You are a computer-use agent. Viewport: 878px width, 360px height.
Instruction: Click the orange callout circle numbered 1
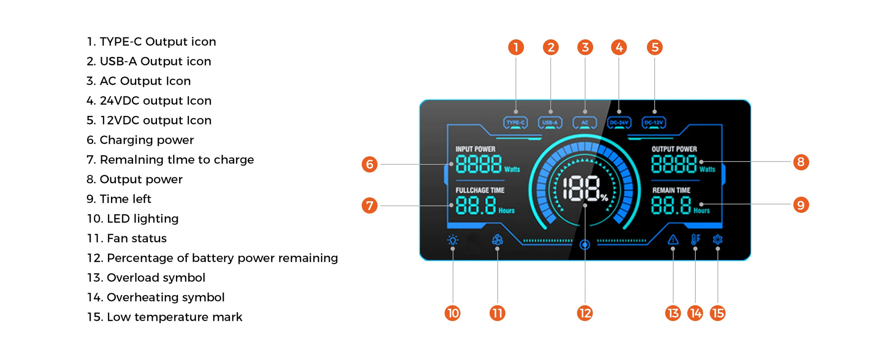(x=516, y=47)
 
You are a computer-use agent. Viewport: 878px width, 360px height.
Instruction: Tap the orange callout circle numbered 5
(x=655, y=47)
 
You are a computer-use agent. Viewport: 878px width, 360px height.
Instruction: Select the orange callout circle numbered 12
(x=585, y=313)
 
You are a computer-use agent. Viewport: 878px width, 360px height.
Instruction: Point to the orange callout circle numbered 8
(x=801, y=162)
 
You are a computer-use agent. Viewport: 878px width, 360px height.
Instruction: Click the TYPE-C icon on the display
(x=515, y=123)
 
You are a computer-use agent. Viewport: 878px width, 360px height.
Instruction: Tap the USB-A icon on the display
(x=550, y=123)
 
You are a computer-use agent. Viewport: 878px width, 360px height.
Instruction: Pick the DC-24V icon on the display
(x=619, y=123)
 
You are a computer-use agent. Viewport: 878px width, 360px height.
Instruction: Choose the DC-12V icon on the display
(x=654, y=123)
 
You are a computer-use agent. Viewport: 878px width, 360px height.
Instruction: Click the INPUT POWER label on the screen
(x=475, y=149)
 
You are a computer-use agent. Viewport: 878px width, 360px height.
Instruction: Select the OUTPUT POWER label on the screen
(x=674, y=149)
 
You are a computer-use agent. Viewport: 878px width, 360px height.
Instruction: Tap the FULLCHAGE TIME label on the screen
(x=480, y=190)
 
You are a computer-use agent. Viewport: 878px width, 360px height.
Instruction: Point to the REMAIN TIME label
(x=671, y=190)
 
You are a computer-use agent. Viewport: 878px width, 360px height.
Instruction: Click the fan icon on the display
(x=497, y=240)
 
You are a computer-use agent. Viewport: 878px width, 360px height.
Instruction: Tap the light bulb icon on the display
(x=453, y=240)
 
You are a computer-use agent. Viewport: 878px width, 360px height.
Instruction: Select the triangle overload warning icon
(x=673, y=240)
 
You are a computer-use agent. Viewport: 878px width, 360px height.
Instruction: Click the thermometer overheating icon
(x=695, y=240)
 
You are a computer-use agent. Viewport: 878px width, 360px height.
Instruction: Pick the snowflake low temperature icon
(x=717, y=240)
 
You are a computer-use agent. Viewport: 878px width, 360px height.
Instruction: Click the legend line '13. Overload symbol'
(x=146, y=278)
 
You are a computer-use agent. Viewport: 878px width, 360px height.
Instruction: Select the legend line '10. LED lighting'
(x=133, y=219)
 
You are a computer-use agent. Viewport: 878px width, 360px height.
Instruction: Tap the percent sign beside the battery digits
(x=604, y=197)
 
